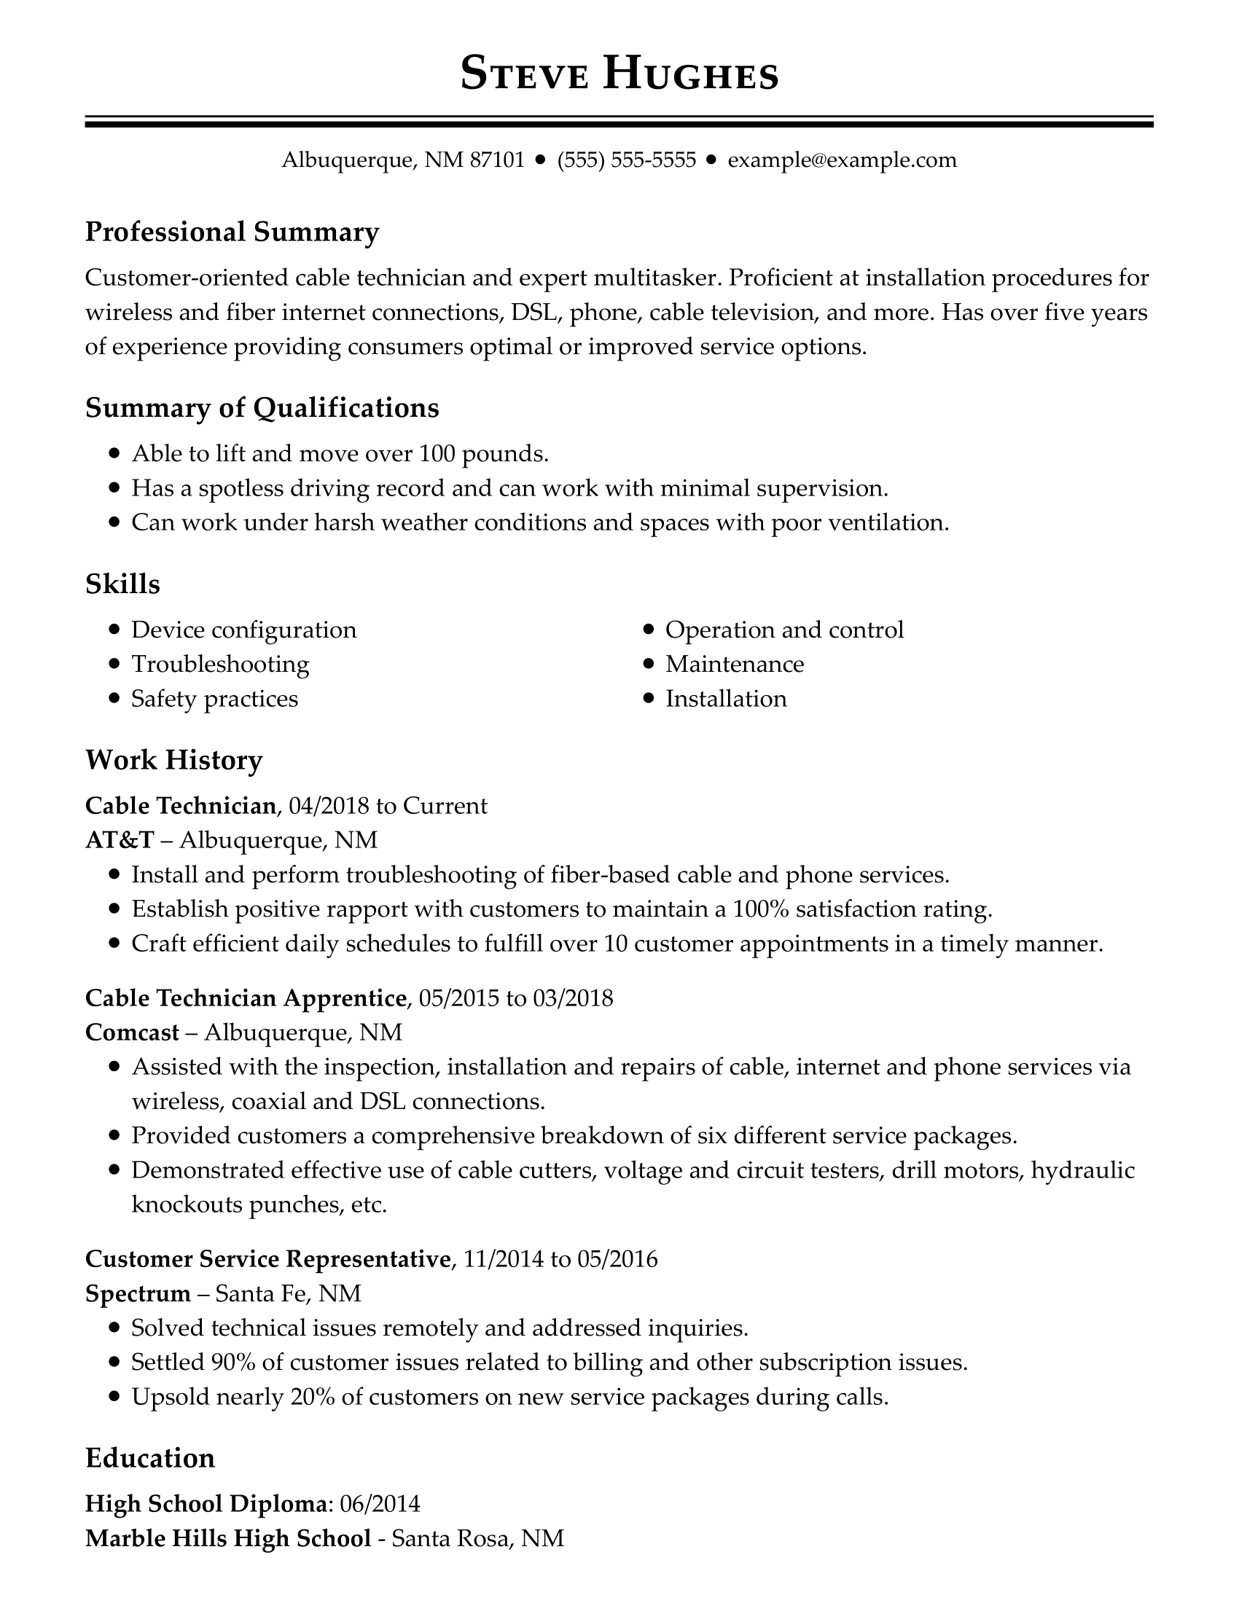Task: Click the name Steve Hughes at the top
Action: coord(619,75)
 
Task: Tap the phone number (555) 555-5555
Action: coord(626,160)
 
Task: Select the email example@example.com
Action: coord(842,160)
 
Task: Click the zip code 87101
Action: coord(497,160)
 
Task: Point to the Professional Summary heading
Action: coord(232,232)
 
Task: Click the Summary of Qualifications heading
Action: coord(262,407)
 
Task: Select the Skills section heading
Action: coord(122,584)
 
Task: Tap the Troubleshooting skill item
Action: coord(220,665)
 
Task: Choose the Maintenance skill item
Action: coord(734,665)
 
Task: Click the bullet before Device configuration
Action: coord(114,630)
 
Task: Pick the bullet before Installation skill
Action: coord(648,699)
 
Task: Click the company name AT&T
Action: coord(120,839)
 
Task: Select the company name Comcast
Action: coord(132,1032)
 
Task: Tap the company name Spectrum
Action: coord(138,1293)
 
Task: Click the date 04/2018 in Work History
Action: coord(329,806)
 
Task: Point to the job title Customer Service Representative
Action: coord(267,1259)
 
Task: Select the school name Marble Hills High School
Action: coord(227,1537)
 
